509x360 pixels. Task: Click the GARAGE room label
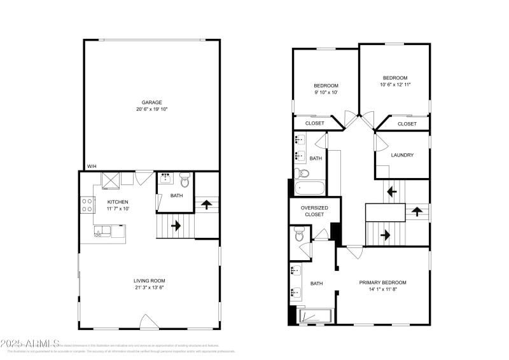click(x=151, y=102)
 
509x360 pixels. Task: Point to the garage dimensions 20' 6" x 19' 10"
click(x=151, y=109)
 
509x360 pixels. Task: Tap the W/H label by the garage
click(x=92, y=166)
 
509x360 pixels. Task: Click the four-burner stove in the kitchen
click(x=87, y=205)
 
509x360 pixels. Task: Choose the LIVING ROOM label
click(x=150, y=280)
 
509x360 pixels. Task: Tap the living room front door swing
click(x=148, y=322)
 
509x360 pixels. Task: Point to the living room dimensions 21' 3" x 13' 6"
click(x=150, y=287)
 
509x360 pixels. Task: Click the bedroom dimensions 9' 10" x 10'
click(x=326, y=92)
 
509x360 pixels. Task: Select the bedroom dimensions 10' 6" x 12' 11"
click(x=394, y=85)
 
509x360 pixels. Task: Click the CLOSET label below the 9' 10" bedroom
click(x=315, y=123)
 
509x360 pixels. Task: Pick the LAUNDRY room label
click(x=402, y=155)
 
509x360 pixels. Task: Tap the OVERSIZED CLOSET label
click(x=314, y=211)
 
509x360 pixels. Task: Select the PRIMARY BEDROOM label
click(x=382, y=282)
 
